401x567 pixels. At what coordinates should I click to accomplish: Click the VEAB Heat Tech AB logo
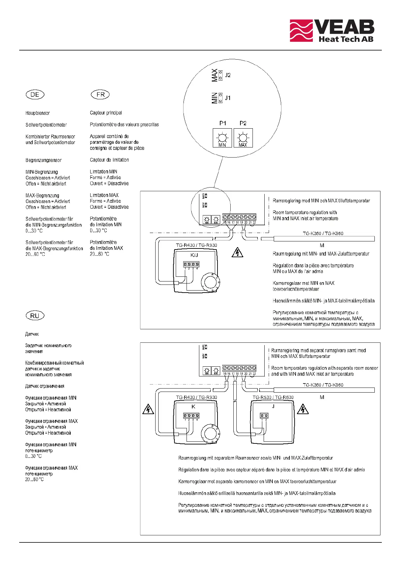pos(332,31)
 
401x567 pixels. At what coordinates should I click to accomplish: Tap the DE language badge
pos(35,95)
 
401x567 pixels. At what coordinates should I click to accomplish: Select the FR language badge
pos(100,95)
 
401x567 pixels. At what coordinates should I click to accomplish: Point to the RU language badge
pos(35,316)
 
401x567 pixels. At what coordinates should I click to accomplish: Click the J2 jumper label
pos(228,75)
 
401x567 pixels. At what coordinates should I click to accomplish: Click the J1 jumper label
pos(228,98)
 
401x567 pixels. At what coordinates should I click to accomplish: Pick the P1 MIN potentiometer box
pos(222,138)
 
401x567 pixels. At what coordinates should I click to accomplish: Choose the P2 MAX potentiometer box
pos(243,138)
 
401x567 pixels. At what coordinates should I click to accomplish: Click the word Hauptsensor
pos(38,113)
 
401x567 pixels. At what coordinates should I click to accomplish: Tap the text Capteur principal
pos(106,113)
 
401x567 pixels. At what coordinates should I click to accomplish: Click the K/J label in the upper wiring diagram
pos(194,255)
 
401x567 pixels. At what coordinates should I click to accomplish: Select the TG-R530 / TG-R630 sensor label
pos(273,397)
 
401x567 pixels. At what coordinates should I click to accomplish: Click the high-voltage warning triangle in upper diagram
pos(237,253)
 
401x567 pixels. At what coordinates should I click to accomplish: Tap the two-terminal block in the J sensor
pos(264,416)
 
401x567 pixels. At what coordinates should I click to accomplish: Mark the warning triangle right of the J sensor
pos(303,409)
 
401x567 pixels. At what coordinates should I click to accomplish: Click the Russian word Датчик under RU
pos(32,334)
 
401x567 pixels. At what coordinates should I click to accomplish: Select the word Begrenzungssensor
pos(43,160)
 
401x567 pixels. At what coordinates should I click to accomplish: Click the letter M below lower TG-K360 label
pos(322,397)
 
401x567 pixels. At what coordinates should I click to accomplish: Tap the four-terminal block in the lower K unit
pos(191,416)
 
